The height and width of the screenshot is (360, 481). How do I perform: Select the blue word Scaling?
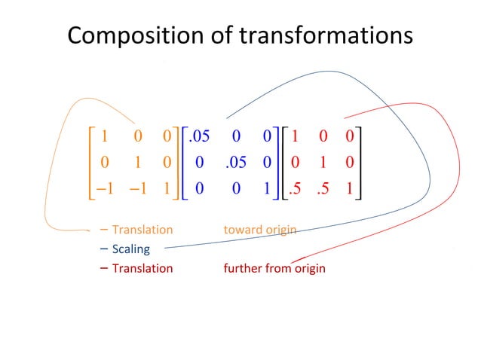131,249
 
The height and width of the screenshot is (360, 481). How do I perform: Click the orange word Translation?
142,230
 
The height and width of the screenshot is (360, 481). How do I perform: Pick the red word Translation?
142,269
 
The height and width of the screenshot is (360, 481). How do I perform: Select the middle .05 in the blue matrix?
236,163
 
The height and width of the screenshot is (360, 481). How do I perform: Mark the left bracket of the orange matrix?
90,163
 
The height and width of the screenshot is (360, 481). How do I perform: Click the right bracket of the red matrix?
360,163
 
